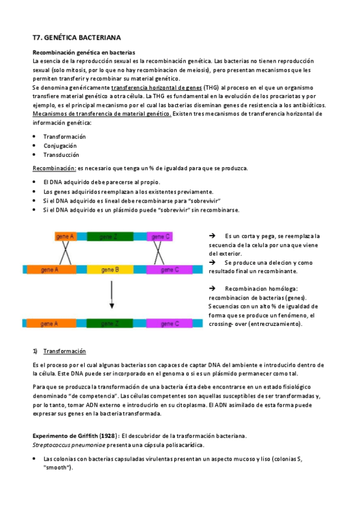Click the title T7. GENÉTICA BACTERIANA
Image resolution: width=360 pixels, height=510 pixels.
tap(72, 37)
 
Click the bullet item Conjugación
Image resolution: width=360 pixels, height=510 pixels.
tap(60, 146)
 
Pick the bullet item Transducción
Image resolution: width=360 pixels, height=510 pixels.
tap(61, 155)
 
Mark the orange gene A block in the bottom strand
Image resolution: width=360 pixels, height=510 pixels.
tap(49, 324)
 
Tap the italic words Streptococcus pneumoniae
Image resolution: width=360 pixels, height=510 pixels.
tap(67, 445)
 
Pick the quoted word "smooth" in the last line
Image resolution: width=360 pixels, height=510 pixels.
tap(58, 467)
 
